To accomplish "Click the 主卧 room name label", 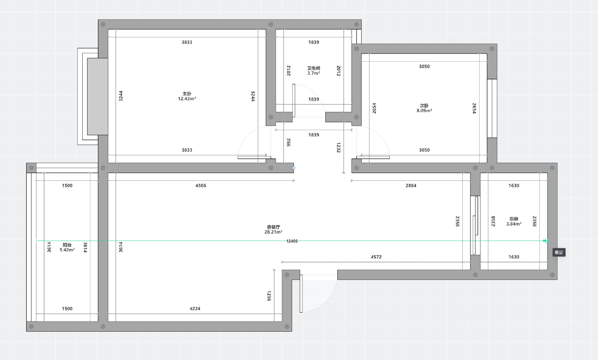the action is coord(187,94).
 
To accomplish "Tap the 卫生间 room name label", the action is coord(314,68).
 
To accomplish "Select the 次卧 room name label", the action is coord(424,106).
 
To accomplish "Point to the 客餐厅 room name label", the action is coord(273,227).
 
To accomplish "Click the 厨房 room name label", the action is coord(514,219).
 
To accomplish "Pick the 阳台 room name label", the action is coord(67,245).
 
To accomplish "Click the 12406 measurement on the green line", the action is coord(292,241).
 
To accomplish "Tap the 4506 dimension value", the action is coord(201,186).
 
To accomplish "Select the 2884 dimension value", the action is coord(411,186).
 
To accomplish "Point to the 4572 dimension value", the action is coord(376,257).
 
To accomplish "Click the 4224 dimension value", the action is coord(195,309).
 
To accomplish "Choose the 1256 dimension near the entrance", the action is coord(269,296).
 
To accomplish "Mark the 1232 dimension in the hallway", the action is coord(339,148).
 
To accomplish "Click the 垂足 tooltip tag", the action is coord(559,252).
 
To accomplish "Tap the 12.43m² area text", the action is coord(187,99).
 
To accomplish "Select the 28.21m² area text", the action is coord(273,232).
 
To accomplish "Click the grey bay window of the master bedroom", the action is coord(97,97).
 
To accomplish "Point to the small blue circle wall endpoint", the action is coord(293,168).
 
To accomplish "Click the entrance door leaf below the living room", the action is coord(301,293).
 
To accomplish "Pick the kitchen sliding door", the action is coord(475,225).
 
